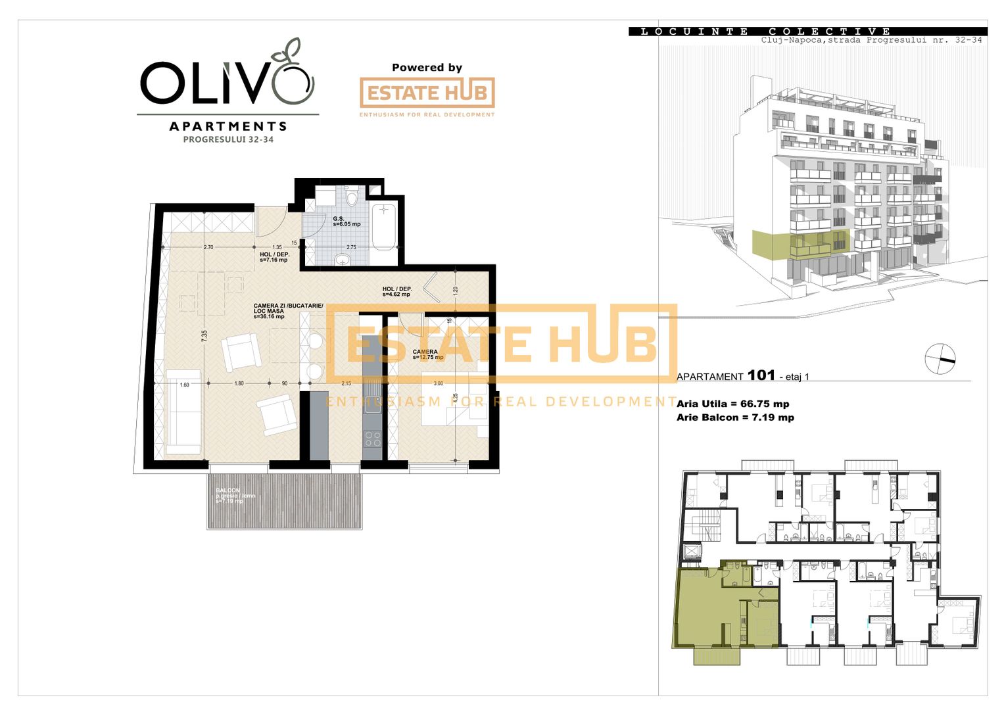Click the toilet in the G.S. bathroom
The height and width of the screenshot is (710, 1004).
351,197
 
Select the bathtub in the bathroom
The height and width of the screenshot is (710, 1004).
383,227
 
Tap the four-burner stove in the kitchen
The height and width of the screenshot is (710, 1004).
372,439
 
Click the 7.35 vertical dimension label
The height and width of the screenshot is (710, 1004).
204,335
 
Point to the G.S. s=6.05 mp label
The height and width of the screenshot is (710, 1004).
347,222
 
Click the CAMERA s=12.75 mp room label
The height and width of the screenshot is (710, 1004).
427,355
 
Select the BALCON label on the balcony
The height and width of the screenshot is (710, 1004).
228,490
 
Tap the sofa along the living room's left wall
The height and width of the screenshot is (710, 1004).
183,413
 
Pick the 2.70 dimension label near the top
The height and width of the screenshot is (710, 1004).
208,247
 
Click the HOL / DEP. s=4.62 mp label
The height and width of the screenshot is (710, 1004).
397,292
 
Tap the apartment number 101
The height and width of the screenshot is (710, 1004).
761,375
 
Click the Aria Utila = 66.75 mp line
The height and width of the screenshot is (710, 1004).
732,404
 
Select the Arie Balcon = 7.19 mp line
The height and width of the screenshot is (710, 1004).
735,417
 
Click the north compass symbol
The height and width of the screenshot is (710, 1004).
940,359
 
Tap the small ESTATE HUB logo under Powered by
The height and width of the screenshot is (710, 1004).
427,93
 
